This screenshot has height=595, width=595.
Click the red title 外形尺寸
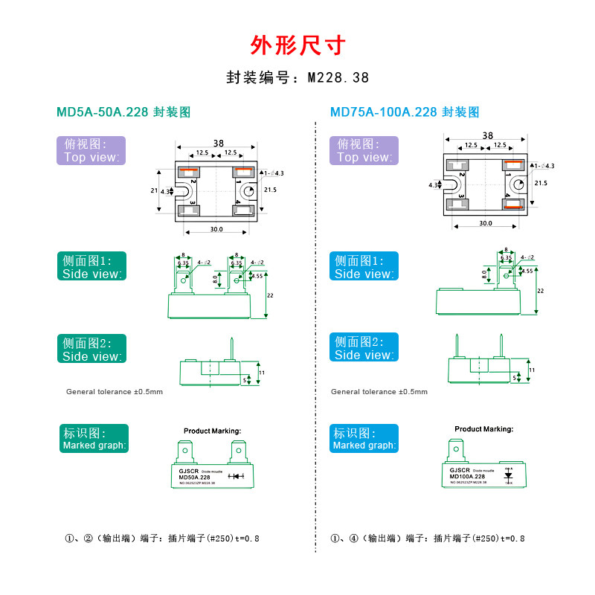click(297, 46)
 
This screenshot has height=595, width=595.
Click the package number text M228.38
click(297, 77)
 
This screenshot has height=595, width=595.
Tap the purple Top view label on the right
click(364, 150)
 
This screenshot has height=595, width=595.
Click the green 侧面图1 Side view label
click(91, 267)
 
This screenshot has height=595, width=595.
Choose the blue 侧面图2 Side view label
click(364, 348)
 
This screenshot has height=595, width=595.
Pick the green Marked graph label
click(94, 439)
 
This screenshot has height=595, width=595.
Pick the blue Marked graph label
click(364, 439)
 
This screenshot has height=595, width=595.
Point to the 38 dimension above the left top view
click(218, 143)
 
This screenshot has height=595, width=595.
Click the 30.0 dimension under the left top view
click(216, 230)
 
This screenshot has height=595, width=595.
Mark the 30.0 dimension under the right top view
click(486, 223)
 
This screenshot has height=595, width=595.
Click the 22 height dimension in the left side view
click(270, 295)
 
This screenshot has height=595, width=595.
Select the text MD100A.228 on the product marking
click(467, 477)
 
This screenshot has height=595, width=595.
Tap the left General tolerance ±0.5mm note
click(114, 391)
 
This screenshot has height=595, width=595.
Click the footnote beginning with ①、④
click(428, 538)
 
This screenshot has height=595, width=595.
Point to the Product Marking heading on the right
click(483, 429)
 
